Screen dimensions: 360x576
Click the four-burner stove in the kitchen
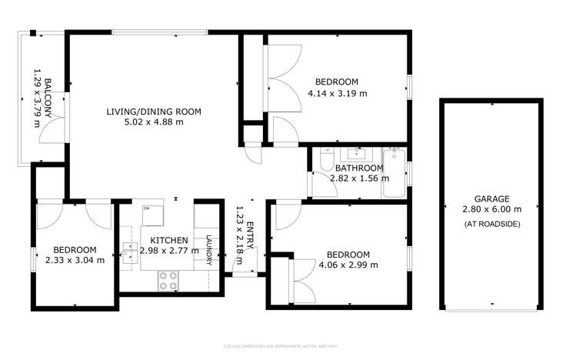[x=168, y=280]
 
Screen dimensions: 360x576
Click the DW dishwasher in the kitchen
[x=147, y=209]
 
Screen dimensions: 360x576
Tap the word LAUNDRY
[x=208, y=248]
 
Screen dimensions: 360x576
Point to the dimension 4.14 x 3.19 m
[x=336, y=93]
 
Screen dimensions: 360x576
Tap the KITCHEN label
[x=168, y=240]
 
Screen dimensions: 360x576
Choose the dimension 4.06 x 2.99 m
[x=348, y=265]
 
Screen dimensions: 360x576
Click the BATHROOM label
[x=358, y=168]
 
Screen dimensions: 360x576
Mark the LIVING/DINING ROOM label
[x=154, y=112]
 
